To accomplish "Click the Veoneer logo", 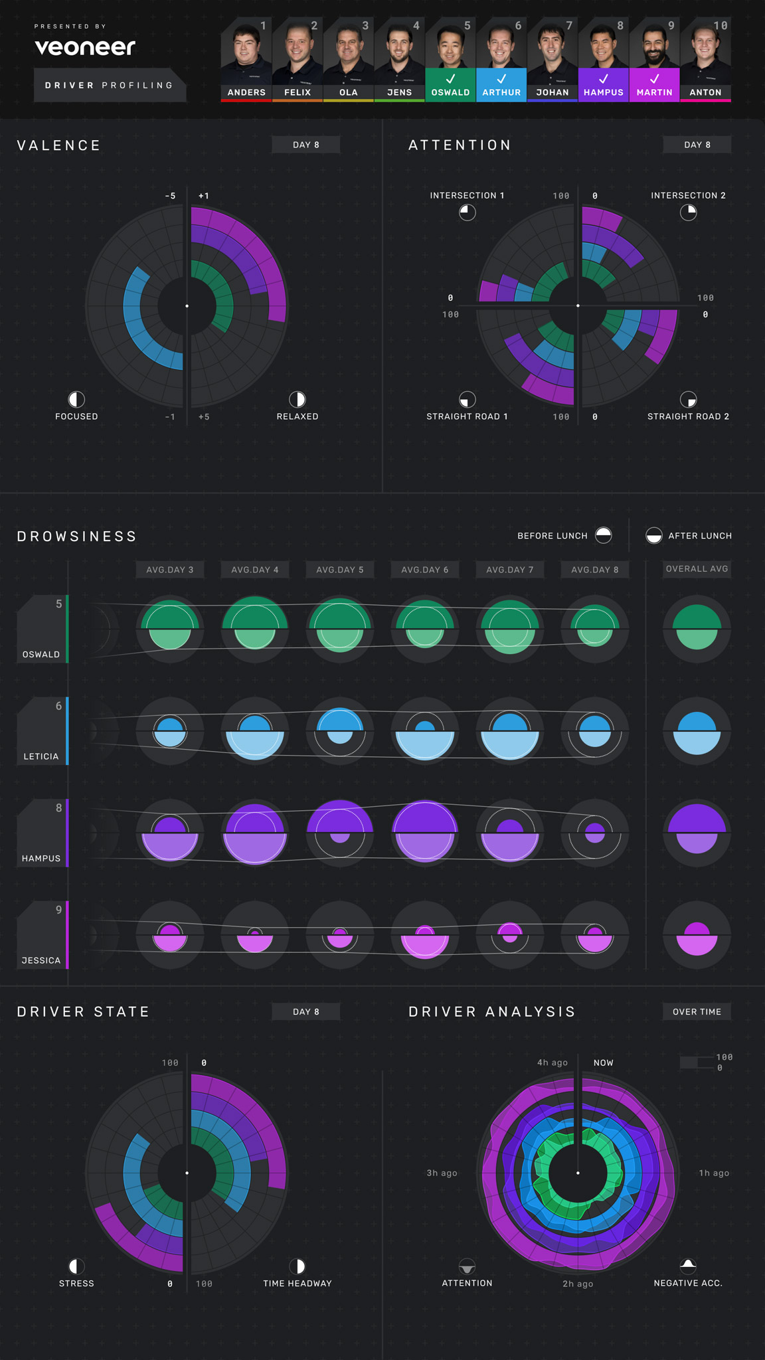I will coord(85,47).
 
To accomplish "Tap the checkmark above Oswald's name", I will coord(450,78).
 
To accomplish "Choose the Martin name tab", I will coord(654,92).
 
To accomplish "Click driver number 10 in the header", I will coord(721,26).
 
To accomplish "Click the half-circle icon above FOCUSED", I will coord(76,399).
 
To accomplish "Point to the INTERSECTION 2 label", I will coord(688,195).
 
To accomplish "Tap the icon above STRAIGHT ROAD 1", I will coord(467,399).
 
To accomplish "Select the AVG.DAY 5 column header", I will coord(340,570).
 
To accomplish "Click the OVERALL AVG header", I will coord(697,569).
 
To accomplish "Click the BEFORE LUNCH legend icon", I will coord(604,535).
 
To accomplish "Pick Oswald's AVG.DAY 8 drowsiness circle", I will coord(595,628).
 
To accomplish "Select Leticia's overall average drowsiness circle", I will coord(697,731).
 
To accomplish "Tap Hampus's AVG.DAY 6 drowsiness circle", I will coord(425,833).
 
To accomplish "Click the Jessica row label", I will coord(42,960).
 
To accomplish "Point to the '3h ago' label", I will coord(442,1173).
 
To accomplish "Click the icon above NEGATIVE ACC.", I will coord(688,1265).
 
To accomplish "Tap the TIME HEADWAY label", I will coord(297,1284).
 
